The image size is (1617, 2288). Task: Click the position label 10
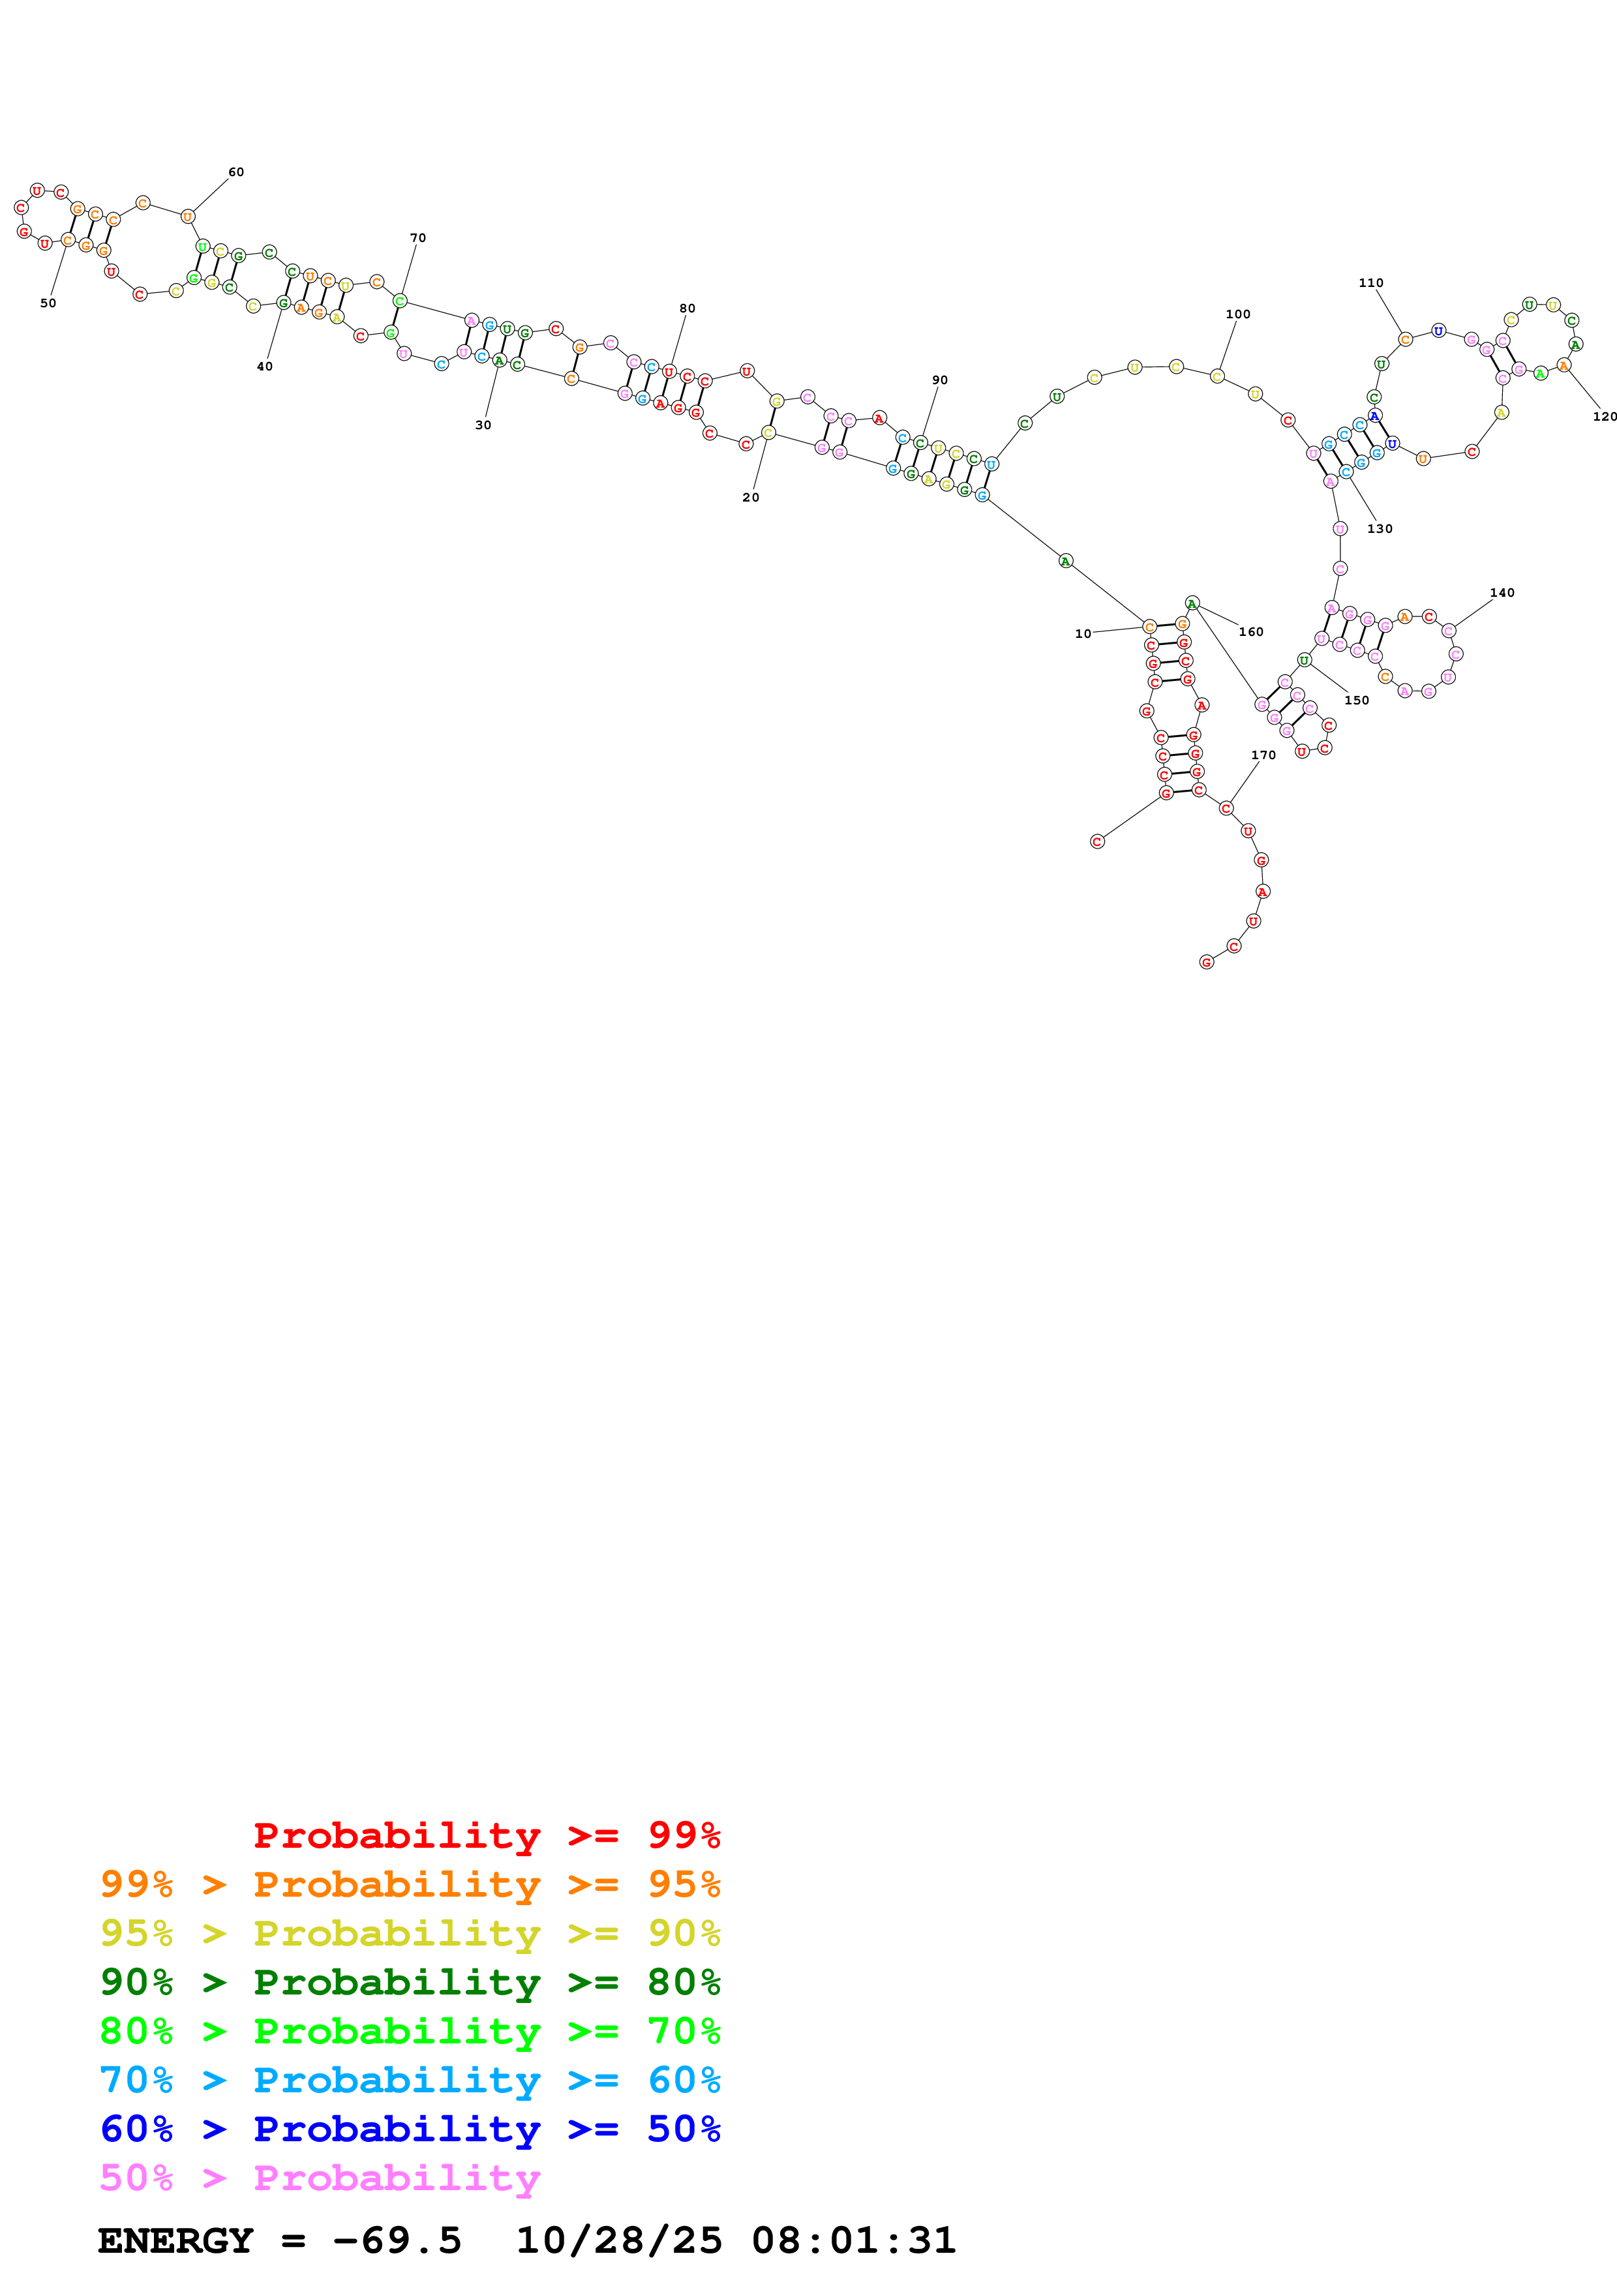tap(1083, 634)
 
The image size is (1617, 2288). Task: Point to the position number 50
tap(48, 303)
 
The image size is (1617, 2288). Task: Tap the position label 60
tap(236, 172)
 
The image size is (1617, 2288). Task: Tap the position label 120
tap(1604, 417)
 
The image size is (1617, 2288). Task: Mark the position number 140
tap(1502, 593)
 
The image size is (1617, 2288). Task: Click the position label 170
tap(1263, 755)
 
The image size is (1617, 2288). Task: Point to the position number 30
tap(483, 425)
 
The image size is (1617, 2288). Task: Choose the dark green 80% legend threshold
tap(684, 1982)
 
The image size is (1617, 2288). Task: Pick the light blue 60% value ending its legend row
tap(684, 2080)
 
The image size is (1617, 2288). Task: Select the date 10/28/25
tap(619, 2240)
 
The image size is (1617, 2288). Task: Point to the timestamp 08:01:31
tap(853, 2240)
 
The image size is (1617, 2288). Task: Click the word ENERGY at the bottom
tap(175, 2240)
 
